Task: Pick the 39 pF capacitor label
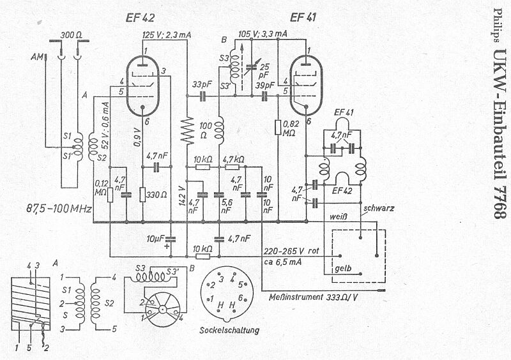pos(264,84)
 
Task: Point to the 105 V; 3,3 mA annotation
pos(263,33)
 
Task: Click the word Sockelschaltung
pos(229,331)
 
